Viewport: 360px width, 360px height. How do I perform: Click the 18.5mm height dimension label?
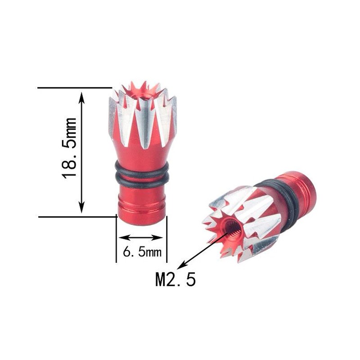tap(69, 148)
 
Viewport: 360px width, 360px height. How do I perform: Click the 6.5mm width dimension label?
tap(142, 252)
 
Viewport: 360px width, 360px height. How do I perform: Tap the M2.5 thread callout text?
tap(175, 279)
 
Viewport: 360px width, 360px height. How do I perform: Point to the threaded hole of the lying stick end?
tap(232, 226)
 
